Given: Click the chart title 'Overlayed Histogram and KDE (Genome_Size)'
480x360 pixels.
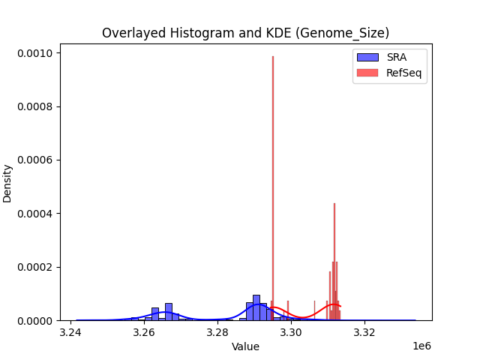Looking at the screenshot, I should [x=245, y=33].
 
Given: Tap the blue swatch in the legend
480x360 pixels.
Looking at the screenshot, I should [x=367, y=57].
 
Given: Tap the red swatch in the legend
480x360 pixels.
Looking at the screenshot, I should [x=367, y=72].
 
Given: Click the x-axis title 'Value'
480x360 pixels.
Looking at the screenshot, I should [x=245, y=346].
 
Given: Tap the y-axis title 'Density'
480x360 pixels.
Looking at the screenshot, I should [x=7, y=183].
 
